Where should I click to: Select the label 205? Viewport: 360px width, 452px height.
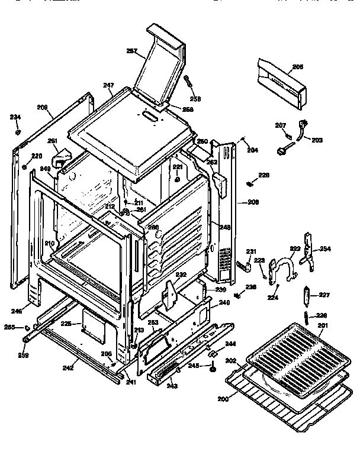click(297, 67)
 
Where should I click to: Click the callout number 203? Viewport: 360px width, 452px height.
click(317, 140)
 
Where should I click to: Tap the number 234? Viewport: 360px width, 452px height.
click(15, 117)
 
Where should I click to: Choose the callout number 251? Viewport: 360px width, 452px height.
click(52, 141)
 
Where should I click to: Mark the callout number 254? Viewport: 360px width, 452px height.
click(325, 248)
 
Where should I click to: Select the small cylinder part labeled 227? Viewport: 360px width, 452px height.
click(307, 295)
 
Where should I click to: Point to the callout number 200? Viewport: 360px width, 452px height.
click(223, 399)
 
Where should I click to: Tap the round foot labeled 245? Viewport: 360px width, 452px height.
click(211, 370)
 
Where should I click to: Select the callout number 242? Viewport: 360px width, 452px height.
click(68, 367)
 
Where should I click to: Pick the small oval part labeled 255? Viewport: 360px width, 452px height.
click(28, 327)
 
